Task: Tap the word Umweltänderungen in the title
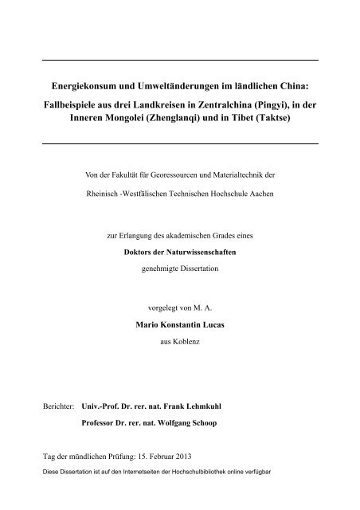coord(185,82)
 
